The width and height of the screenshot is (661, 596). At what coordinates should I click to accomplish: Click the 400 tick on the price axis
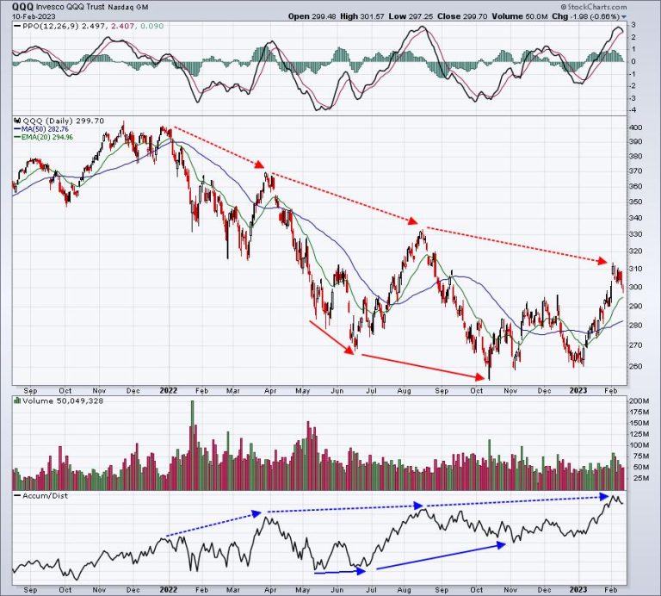pos(635,127)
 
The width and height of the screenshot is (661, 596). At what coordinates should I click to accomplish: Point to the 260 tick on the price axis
pos(635,364)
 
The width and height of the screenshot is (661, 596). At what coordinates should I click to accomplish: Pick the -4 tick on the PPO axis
pos(633,109)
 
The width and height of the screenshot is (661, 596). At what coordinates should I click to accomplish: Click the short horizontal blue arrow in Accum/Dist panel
pos(340,570)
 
